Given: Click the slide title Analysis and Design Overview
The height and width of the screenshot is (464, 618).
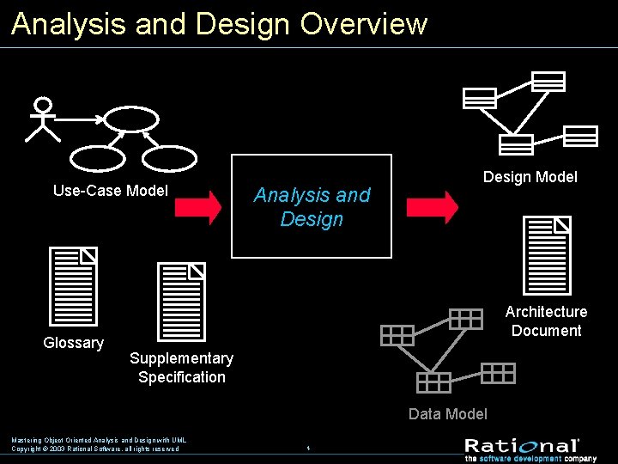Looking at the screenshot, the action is tap(219, 23).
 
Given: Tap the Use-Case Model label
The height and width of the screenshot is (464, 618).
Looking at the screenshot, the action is tap(111, 191).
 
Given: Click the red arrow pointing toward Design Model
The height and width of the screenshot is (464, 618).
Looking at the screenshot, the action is tap(432, 207).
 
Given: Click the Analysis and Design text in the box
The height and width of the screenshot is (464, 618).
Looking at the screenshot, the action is tap(312, 207).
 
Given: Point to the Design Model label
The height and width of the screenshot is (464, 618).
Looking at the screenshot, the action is tap(530, 177).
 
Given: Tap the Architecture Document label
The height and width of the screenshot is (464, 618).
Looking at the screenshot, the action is tap(546, 321).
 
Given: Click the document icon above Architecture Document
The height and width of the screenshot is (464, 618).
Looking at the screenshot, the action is tap(548, 255).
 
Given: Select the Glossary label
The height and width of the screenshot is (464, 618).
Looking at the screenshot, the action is tap(74, 343).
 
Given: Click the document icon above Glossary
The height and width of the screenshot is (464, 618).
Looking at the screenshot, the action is tap(74, 286).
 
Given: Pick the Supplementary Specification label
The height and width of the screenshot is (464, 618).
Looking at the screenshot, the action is tap(181, 368).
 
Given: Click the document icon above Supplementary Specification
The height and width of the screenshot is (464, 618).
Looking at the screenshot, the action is tap(181, 301).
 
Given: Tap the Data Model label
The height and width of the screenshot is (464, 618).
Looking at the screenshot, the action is tap(447, 414).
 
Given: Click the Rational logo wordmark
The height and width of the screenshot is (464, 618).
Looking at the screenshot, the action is tap(522, 445).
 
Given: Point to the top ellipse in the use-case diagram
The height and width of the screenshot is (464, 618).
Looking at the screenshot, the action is tap(131, 119).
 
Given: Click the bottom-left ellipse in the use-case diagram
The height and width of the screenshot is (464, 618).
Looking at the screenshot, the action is tap(97, 158).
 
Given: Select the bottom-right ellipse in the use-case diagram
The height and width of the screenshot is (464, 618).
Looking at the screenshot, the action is tap(169, 158).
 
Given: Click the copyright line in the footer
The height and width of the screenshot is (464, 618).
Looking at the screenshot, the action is tap(95, 449).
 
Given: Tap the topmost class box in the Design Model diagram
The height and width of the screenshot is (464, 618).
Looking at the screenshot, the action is tap(548, 82).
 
